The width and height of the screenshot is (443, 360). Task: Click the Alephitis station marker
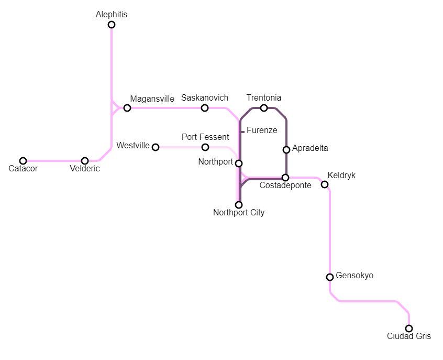coord(112,25)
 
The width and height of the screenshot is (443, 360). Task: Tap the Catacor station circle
coord(23,161)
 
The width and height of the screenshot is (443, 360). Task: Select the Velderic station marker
coord(85,161)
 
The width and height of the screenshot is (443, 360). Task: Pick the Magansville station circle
coord(127,108)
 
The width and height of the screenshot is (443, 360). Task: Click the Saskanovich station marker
coord(205,108)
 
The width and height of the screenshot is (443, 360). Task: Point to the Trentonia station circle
coord(264,108)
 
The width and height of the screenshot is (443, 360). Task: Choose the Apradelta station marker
coord(286,150)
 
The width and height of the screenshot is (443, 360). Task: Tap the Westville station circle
coord(156,147)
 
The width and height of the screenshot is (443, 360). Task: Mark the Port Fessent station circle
coord(205,147)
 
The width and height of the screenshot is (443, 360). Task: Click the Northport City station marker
coord(239,205)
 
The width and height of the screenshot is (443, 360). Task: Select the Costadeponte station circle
coord(285,178)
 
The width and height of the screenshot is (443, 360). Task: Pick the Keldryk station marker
coord(325,184)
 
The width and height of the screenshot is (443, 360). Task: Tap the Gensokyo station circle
coord(330,277)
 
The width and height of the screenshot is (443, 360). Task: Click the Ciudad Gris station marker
coord(409,329)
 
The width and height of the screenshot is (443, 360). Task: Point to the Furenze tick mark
coord(242,132)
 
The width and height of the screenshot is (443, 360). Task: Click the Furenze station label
coord(262,130)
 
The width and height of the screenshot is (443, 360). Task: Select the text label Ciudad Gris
coord(409,336)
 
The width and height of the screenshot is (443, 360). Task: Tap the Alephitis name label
coord(112,15)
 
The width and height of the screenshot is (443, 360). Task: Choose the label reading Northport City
coord(239,213)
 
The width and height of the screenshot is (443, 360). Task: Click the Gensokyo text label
coord(355,275)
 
